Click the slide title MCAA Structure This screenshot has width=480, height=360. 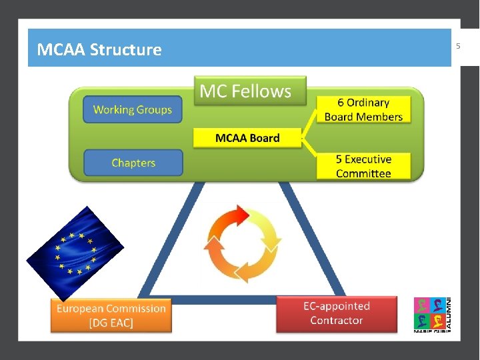pos(99,49)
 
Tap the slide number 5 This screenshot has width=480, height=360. pos(458,46)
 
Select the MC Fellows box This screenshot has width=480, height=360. pos(250,91)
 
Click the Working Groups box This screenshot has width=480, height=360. pos(133,109)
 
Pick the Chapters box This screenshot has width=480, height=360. pos(133,163)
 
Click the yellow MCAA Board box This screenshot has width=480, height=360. pos(247,138)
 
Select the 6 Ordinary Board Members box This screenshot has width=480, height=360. pos(363,109)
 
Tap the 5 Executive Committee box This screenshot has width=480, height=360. pos(363,166)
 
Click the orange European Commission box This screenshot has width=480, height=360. pos(111,315)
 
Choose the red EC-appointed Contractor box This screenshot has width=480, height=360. pos(337,314)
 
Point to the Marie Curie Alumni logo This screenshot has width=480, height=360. pos(432,315)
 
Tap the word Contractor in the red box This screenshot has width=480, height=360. pos(337,321)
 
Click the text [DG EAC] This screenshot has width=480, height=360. pos(111,323)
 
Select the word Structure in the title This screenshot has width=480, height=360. pos(125,49)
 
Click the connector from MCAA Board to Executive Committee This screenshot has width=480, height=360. pos(309,147)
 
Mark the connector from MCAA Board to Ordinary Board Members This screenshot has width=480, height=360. pos(309,124)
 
